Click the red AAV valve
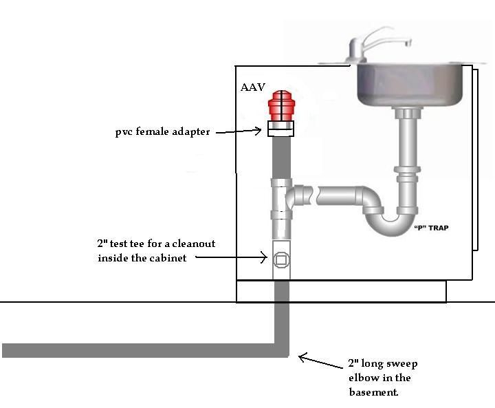point(281,106)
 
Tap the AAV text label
point(252,87)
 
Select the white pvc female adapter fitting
point(281,129)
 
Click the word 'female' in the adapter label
point(153,131)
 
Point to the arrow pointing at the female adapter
point(239,131)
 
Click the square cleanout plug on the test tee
point(281,260)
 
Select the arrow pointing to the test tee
point(232,257)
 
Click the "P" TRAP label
point(431,228)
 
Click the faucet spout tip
point(409,43)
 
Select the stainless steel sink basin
point(410,85)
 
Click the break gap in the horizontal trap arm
point(315,195)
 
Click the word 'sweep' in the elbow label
point(401,364)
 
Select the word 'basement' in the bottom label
point(373,392)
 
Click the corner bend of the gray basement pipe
point(281,350)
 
